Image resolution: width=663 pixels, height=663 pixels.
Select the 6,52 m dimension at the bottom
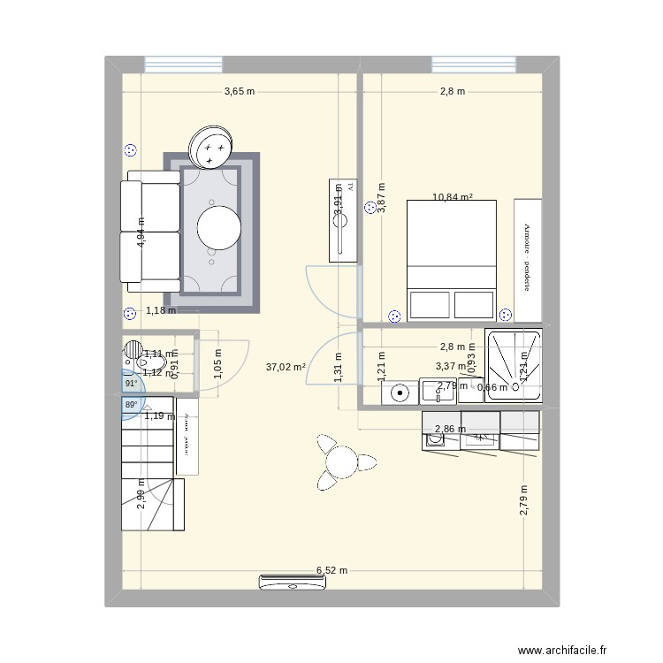point(332,571)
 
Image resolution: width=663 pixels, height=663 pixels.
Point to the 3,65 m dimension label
point(239,91)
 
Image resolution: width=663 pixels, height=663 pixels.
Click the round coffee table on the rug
point(218,227)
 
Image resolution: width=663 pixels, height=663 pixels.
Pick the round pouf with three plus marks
point(210,147)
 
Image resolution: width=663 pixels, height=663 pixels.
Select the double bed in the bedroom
point(451,260)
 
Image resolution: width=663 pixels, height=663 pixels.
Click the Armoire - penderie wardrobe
point(528,260)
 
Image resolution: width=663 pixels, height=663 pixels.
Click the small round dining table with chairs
point(339,461)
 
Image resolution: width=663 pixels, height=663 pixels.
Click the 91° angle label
point(131,384)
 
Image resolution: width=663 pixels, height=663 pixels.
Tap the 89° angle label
point(131,405)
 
